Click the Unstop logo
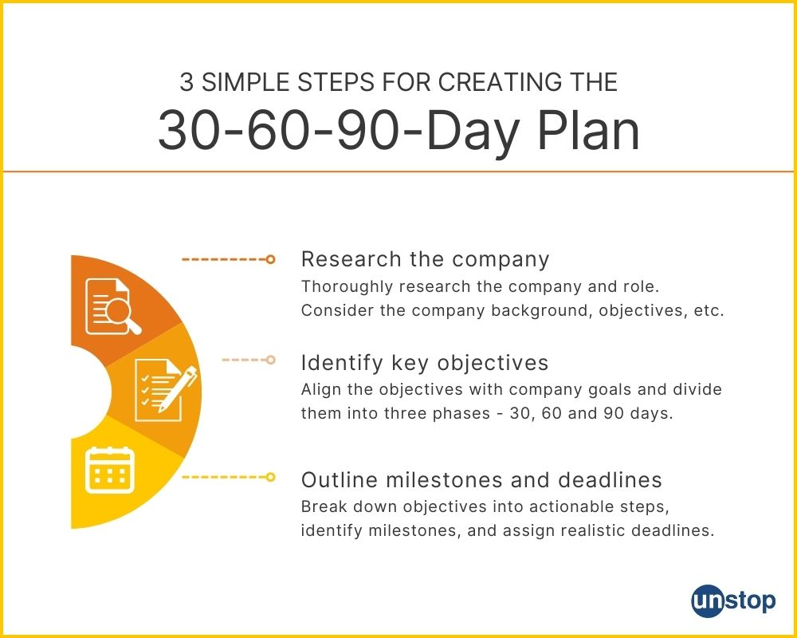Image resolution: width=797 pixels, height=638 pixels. pos(733,601)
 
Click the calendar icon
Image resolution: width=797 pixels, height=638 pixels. pos(110,470)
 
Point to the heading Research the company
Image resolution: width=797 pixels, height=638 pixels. pos(425,259)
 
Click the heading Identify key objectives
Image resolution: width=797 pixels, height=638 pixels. pos(425,363)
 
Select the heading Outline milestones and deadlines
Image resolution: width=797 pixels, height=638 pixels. pos(481,480)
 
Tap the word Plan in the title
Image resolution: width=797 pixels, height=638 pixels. pos(588,131)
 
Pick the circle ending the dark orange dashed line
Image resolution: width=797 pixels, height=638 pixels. pos(270,259)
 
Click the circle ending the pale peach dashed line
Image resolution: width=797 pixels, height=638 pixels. pos(270,360)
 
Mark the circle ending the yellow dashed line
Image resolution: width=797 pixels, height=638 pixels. pos(270,477)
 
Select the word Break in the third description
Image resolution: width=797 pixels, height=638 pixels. pos(324,506)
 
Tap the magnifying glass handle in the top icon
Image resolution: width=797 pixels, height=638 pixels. pos(134,327)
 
